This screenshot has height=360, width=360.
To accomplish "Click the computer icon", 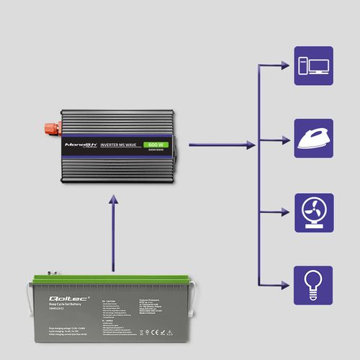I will click(313, 66).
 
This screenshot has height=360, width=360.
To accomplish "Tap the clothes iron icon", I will click(313, 138).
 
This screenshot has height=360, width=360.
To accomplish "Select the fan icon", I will click(313, 212).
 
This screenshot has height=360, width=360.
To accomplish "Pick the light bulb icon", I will click(313, 284).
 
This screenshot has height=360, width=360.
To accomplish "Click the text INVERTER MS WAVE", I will click(122, 145).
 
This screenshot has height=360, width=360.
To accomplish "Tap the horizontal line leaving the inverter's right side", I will click(216, 145).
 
